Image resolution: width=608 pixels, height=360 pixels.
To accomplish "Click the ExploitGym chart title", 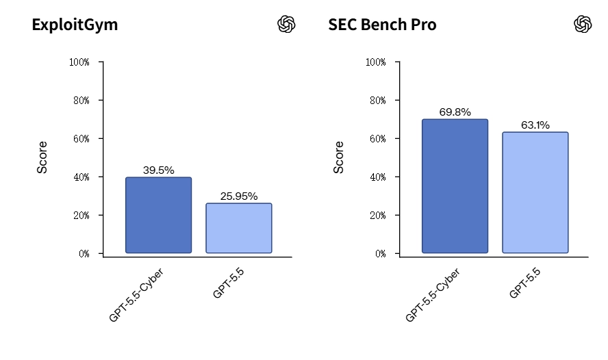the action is [75, 25].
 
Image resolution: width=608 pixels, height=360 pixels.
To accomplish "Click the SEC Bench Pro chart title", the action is [382, 25].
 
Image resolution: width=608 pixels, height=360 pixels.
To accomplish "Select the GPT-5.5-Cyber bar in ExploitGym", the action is [159, 215].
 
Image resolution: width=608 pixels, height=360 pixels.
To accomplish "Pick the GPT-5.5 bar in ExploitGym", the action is [239, 228].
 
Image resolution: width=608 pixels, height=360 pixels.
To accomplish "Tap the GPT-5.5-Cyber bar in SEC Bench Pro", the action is [455, 186].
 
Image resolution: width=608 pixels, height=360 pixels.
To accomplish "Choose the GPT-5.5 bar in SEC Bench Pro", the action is [535, 192].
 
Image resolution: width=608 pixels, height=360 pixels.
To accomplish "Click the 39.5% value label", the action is [159, 170].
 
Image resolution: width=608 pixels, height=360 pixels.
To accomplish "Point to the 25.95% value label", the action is [239, 196].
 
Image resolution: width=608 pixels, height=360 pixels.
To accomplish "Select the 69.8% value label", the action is [455, 112].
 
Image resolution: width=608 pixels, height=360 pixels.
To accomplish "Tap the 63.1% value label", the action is [535, 125].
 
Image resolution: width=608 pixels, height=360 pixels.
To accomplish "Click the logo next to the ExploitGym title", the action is [286, 24].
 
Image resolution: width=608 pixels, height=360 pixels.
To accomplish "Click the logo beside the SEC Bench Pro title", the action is [583, 24].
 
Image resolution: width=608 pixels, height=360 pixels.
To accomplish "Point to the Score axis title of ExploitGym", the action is [42, 157].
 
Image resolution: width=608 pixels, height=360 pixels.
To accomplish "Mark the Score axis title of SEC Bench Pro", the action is [338, 157].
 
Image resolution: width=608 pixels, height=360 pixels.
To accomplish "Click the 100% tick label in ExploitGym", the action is [79, 62].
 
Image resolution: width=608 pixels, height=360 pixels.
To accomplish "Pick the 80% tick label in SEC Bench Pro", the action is [378, 101].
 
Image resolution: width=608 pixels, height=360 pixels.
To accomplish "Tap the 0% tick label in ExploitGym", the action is [84, 254].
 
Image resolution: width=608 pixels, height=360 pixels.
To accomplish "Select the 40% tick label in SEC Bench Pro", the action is [378, 177].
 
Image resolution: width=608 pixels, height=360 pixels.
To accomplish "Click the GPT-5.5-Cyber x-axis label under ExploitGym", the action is [136, 295].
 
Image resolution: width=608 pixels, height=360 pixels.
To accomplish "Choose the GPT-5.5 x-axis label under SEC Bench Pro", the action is [524, 283].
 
